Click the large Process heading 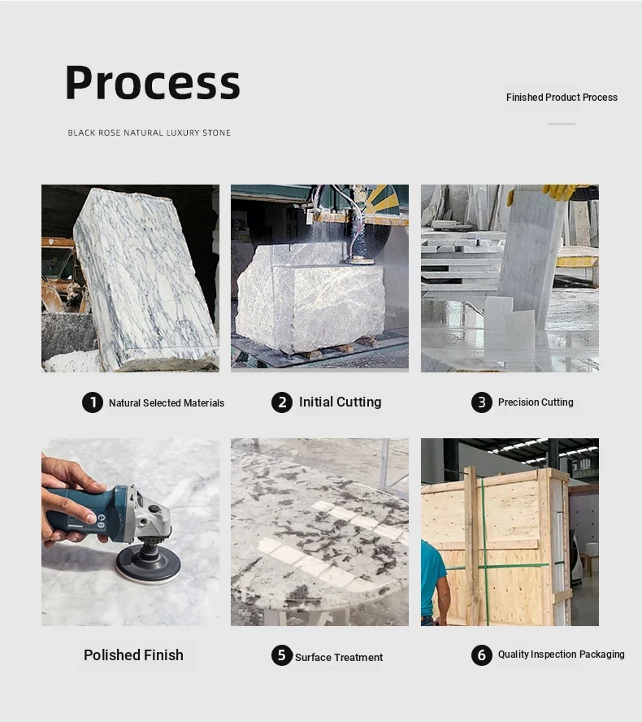tap(152, 83)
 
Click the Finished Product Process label tap(562, 97)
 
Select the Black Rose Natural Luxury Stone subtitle tap(149, 133)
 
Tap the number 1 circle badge tap(93, 402)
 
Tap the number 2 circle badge tap(282, 402)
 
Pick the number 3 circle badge tap(482, 402)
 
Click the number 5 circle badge tap(282, 655)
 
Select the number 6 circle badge tap(482, 655)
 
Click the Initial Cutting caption tap(341, 402)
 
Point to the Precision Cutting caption tap(536, 402)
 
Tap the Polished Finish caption tap(133, 655)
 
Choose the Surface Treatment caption tap(339, 657)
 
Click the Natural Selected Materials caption tap(167, 403)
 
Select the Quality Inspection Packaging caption tap(561, 655)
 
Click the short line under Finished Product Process tap(562, 124)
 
